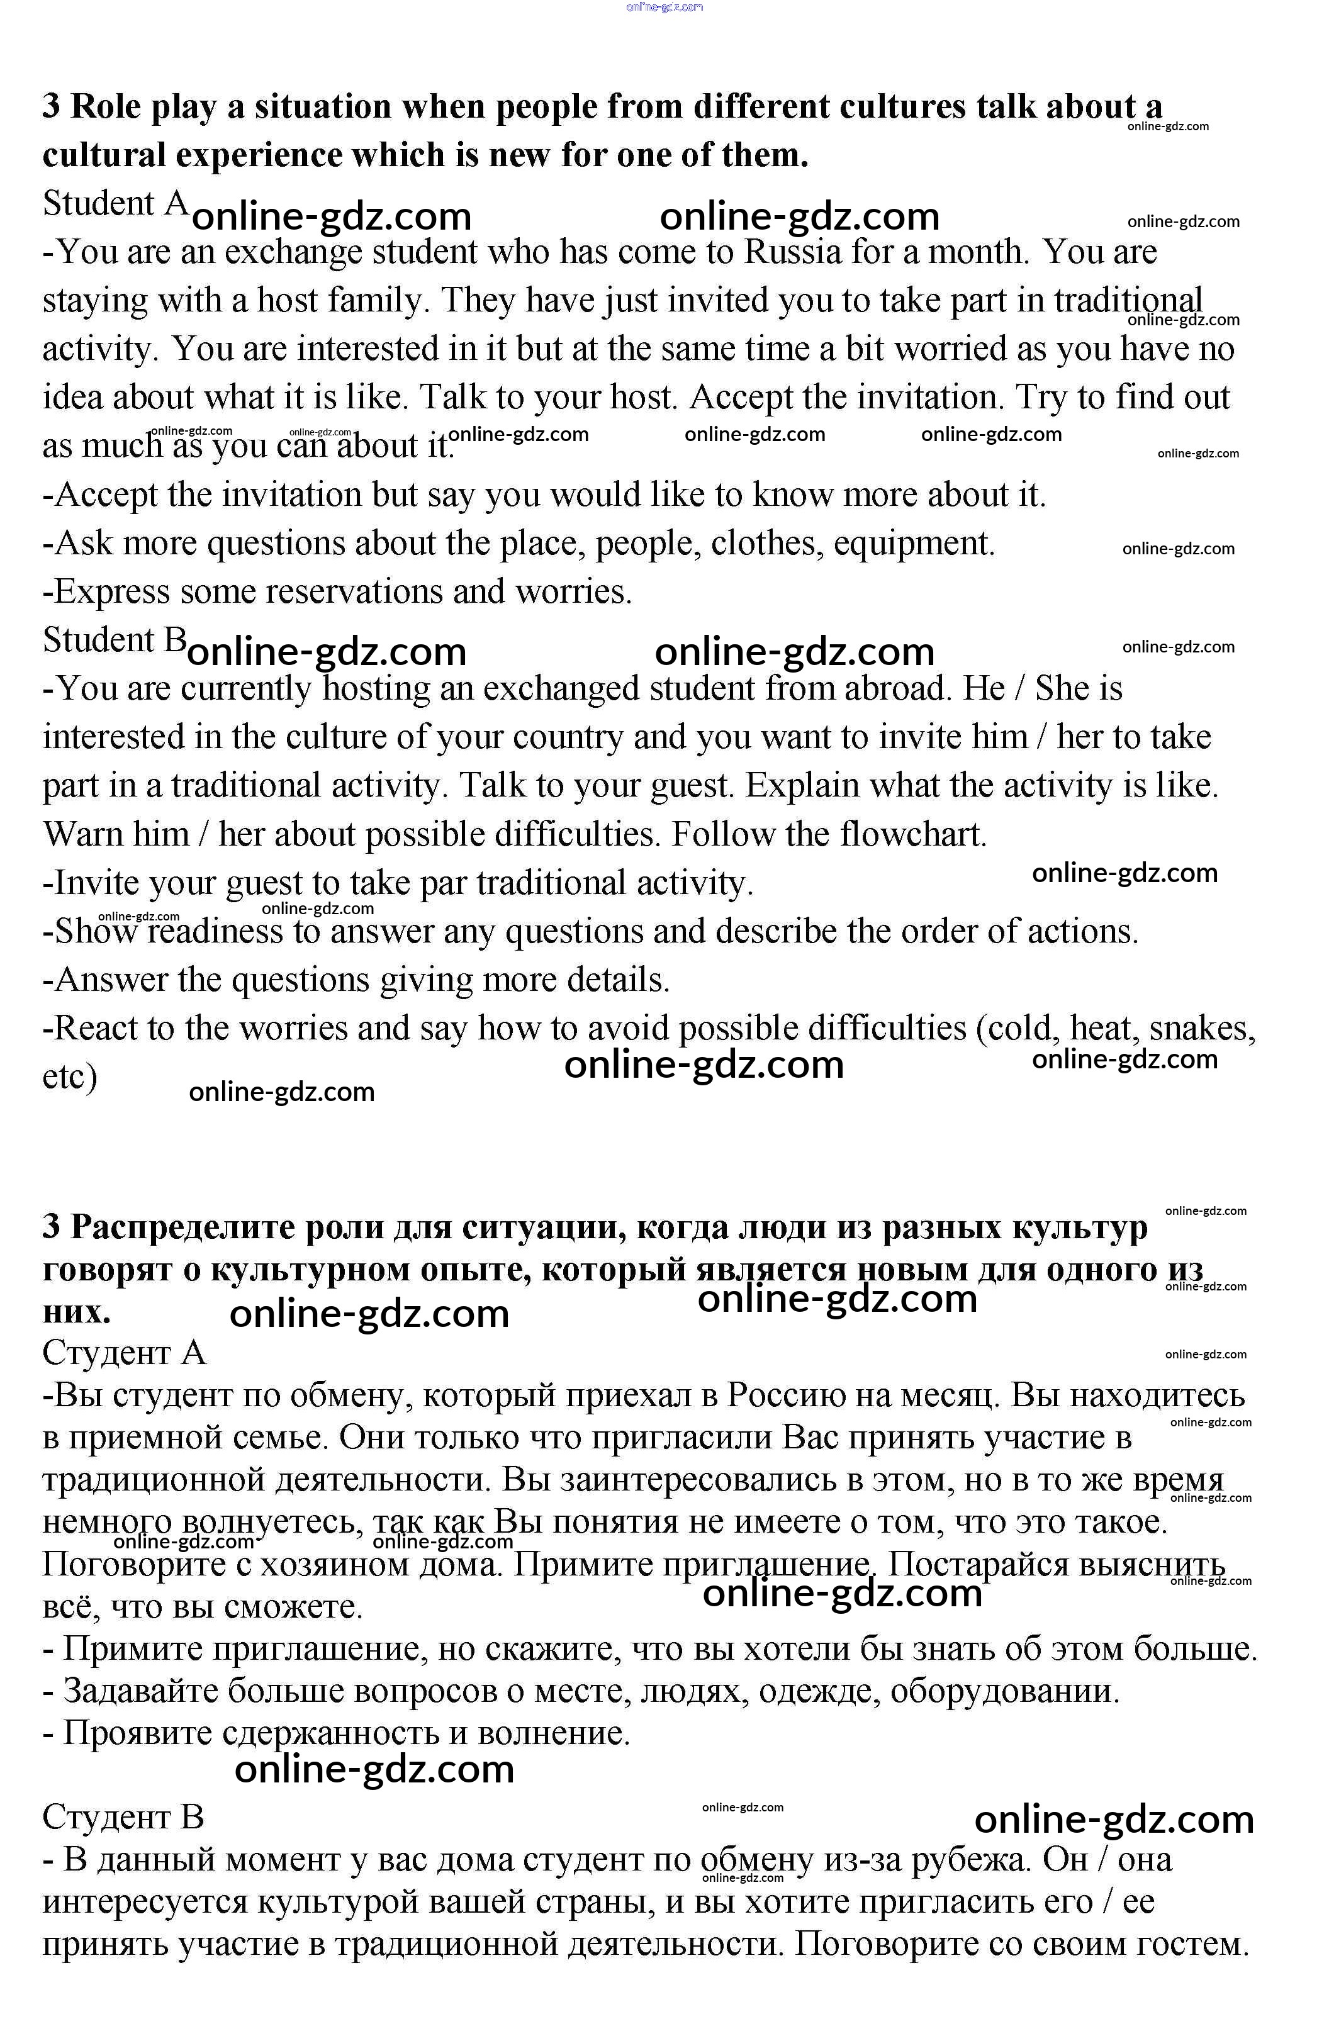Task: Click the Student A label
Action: [115, 204]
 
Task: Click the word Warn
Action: [82, 835]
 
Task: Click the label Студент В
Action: [124, 1817]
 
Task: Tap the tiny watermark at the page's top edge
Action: [664, 7]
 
